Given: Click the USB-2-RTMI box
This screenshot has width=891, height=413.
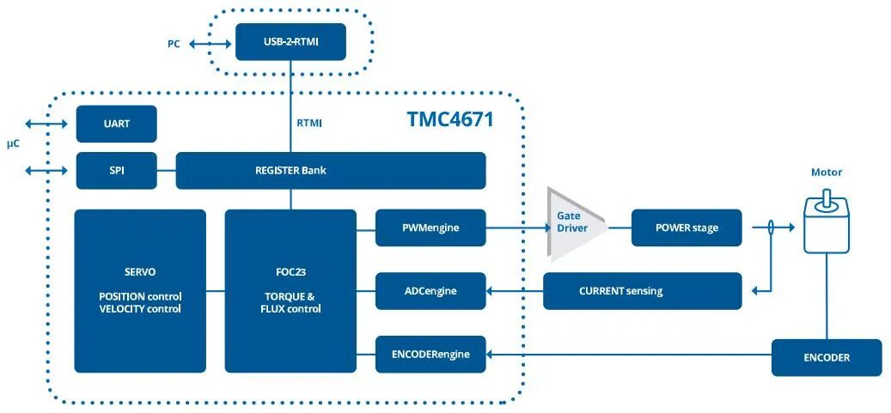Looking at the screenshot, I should tap(290, 41).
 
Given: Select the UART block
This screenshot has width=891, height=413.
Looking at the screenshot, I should tap(116, 124).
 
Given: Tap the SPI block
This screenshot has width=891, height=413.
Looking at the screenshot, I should tap(116, 170).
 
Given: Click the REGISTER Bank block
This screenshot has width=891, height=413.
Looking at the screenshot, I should tap(331, 170).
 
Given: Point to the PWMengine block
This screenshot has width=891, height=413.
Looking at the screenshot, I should tap(430, 228).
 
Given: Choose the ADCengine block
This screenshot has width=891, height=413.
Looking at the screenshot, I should tap(430, 291).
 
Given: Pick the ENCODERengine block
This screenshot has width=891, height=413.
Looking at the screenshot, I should tap(430, 354).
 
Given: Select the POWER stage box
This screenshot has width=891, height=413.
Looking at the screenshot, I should tap(686, 228).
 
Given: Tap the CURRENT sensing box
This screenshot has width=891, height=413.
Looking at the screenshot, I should tap(642, 291).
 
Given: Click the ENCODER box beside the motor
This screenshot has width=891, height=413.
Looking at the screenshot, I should tap(826, 357).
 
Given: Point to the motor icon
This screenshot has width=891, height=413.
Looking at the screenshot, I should tap(826, 225).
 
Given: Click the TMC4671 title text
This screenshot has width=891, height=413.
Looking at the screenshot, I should tap(450, 119).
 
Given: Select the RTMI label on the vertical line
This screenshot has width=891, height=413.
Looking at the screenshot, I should tap(309, 123).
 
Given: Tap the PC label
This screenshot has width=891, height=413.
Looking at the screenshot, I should tap(174, 42).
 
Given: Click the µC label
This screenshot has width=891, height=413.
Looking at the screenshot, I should tap(13, 143).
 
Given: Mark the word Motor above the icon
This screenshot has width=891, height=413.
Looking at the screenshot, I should tap(827, 173).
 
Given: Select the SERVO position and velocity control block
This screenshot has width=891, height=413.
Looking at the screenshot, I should tap(140, 290).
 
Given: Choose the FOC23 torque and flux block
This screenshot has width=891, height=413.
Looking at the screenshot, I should tap(290, 290).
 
